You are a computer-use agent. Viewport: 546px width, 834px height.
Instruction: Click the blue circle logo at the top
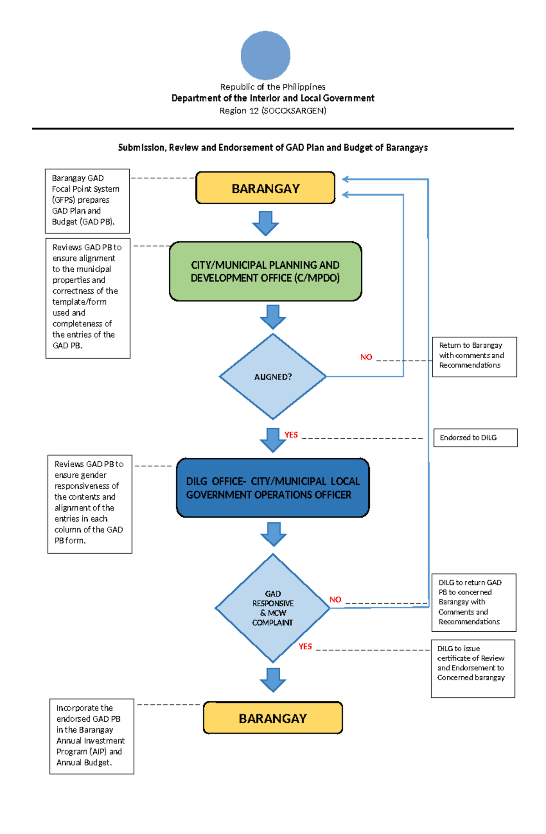coord(265,55)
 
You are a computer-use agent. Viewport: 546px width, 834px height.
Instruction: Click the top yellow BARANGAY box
coord(265,188)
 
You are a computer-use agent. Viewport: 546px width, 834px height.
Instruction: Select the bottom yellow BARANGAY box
coord(273,718)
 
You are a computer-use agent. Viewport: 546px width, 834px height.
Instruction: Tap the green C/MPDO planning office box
coord(265,271)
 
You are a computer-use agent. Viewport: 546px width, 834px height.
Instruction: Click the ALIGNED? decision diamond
coord(273,377)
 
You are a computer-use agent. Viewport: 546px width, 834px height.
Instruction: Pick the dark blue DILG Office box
coord(273,488)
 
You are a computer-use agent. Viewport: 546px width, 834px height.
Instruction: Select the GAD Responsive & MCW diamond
coord(273,608)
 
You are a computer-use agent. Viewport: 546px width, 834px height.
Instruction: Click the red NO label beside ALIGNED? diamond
coord(366,357)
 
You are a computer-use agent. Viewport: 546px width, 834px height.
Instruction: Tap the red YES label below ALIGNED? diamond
coord(291,435)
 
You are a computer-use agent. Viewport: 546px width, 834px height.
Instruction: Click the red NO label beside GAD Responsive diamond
coord(335,600)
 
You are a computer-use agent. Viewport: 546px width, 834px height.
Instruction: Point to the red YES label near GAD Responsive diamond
coord(305,646)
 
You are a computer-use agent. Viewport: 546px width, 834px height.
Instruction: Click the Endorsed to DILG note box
coord(475,438)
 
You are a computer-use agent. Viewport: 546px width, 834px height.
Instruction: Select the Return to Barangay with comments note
coord(474,357)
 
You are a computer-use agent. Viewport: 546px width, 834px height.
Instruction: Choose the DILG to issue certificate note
coord(473,668)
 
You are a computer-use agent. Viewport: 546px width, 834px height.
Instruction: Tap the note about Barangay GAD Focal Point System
coord(87,200)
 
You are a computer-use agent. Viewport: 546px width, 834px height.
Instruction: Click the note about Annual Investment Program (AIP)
coord(91,736)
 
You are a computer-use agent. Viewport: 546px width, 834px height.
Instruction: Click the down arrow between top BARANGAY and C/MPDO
coord(265,223)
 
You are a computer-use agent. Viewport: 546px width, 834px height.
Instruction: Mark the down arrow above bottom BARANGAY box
coord(273,680)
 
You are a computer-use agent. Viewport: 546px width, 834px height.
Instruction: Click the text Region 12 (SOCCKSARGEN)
coord(273,111)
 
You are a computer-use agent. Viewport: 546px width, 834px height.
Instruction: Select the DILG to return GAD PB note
coord(474,602)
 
